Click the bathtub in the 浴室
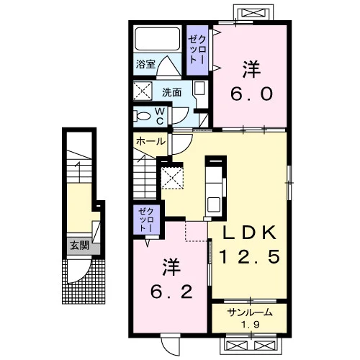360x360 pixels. coord(158,39)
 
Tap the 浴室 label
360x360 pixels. coord(145,64)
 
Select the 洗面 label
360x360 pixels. coord(171,92)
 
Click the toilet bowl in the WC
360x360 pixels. coord(142,116)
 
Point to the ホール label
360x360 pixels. coord(150,141)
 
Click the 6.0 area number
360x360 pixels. coord(251,94)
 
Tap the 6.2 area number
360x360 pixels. coord(171,292)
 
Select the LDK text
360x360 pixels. coord(249,233)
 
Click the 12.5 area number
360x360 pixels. coord(250,256)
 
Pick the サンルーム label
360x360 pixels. coord(250,312)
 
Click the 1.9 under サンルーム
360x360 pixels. coord(251,325)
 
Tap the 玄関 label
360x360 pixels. coord(80,246)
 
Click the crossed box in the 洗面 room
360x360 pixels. coord(143,91)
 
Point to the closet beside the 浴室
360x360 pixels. coord(197,50)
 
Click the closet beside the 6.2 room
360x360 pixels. coord(146,220)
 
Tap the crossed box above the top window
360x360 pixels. coord(253,13)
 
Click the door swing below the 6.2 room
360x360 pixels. coord(171,344)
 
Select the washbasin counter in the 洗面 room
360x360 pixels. coord(200,94)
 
